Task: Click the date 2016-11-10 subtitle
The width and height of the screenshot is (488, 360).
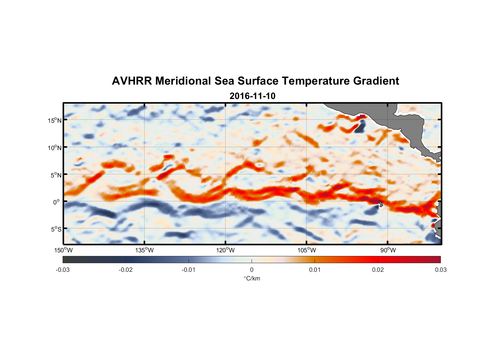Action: pyautogui.click(x=252, y=96)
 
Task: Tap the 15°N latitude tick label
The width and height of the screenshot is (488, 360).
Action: pyautogui.click(x=55, y=120)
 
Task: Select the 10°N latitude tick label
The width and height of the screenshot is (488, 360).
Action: pyautogui.click(x=55, y=148)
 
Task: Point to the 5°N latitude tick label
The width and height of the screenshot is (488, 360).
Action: pyautogui.click(x=56, y=175)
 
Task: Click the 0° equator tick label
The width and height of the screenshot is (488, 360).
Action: pyautogui.click(x=57, y=202)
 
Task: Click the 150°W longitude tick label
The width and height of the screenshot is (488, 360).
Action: pyautogui.click(x=63, y=250)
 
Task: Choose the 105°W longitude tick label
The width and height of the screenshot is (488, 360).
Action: pyautogui.click(x=307, y=250)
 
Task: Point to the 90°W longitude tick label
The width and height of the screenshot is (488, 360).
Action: pyautogui.click(x=388, y=250)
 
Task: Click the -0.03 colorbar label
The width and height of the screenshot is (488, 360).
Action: pyautogui.click(x=63, y=270)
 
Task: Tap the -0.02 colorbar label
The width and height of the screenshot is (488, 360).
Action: pyautogui.click(x=126, y=270)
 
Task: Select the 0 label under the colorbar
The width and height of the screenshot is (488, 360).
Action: pyautogui.click(x=252, y=270)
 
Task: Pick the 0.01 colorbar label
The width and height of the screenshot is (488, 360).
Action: pyautogui.click(x=315, y=270)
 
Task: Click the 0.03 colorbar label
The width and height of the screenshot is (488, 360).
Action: pyautogui.click(x=440, y=270)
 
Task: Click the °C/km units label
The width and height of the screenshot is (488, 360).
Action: pyautogui.click(x=252, y=278)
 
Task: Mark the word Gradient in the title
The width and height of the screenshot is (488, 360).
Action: pyautogui.click(x=376, y=81)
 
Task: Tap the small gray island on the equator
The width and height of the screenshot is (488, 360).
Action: pyautogui.click(x=381, y=204)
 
